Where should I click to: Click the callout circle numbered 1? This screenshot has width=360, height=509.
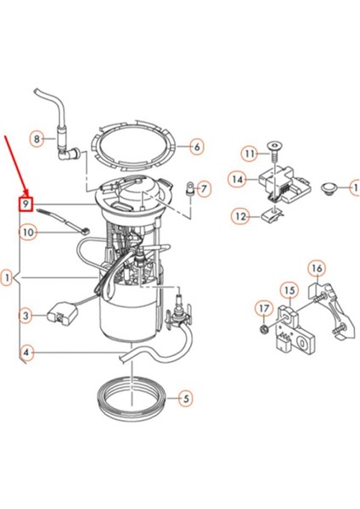click(x=7, y=277)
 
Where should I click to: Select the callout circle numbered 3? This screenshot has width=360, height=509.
click(x=26, y=316)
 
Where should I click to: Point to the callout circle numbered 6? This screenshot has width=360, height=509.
click(x=197, y=147)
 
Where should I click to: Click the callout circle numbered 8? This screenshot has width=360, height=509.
click(x=37, y=137)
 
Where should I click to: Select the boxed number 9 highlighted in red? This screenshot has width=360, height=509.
click(x=26, y=204)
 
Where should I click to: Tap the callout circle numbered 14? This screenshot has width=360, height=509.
click(x=237, y=179)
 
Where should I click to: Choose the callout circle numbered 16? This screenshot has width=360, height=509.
click(x=316, y=270)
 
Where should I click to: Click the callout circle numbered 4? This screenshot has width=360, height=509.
click(x=26, y=352)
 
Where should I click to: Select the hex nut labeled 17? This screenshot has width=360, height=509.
click(x=264, y=327)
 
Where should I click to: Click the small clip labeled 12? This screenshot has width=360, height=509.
click(x=271, y=215)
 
